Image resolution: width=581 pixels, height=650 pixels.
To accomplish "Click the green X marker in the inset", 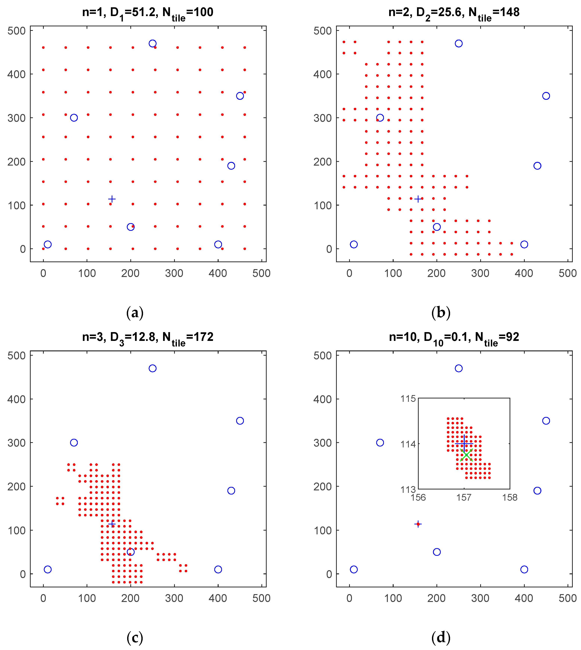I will click(466, 455).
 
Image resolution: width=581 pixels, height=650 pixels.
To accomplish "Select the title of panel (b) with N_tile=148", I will click(454, 13).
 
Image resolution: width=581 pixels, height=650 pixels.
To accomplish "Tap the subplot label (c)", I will click(135, 638).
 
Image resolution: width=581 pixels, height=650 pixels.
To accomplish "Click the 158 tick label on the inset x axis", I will click(510, 497).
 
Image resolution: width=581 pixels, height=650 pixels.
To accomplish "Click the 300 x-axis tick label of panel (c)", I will click(174, 598).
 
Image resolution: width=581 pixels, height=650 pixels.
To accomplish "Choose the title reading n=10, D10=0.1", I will click(454, 337).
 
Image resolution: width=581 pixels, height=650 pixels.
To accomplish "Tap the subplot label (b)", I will click(441, 313).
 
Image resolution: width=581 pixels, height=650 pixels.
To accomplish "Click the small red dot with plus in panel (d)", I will click(418, 524).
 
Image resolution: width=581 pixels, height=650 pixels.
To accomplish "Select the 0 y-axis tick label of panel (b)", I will click(329, 249).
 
